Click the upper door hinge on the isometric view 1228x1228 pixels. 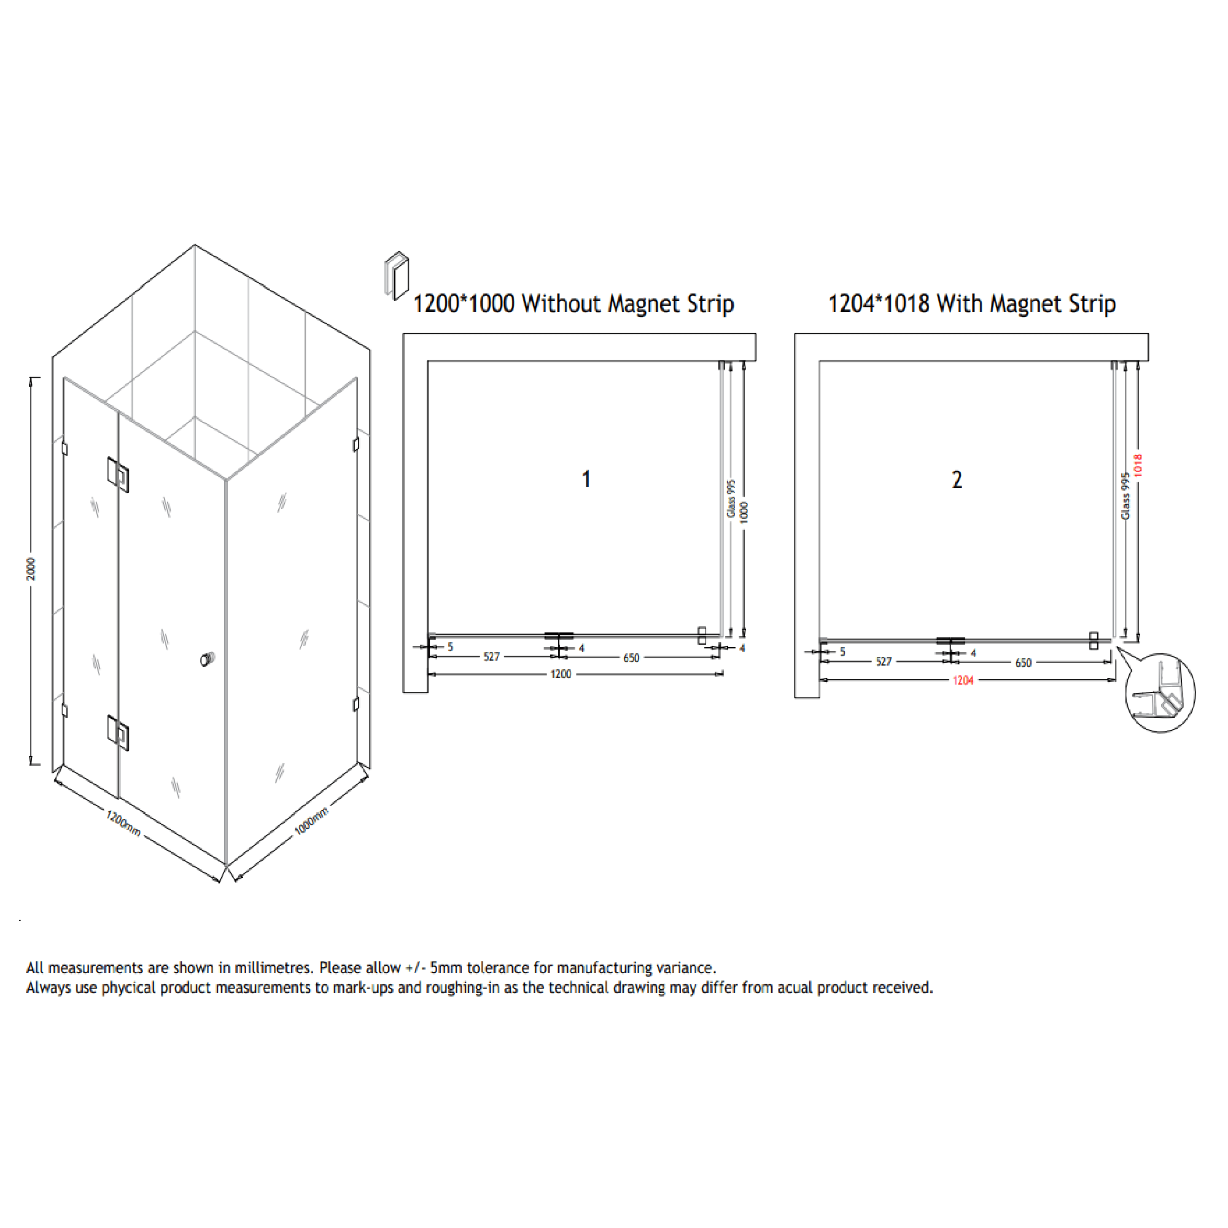click(119, 474)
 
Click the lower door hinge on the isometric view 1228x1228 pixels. click(119, 733)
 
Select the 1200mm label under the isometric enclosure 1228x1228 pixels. click(123, 823)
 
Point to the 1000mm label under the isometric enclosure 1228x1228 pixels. click(311, 821)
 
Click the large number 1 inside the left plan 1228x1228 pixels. click(586, 480)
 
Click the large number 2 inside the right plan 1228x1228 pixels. click(957, 480)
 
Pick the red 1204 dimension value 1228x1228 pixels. click(963, 681)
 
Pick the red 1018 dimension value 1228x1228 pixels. click(1138, 465)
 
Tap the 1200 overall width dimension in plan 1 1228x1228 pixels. click(561, 674)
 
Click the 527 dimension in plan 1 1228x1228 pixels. click(491, 656)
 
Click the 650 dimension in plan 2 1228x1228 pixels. click(1024, 663)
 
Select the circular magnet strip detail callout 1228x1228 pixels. click(1160, 693)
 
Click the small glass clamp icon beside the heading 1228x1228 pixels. click(397, 275)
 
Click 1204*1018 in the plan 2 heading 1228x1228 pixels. click(879, 304)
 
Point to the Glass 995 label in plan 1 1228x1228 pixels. click(731, 499)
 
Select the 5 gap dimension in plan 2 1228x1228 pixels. click(842, 651)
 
